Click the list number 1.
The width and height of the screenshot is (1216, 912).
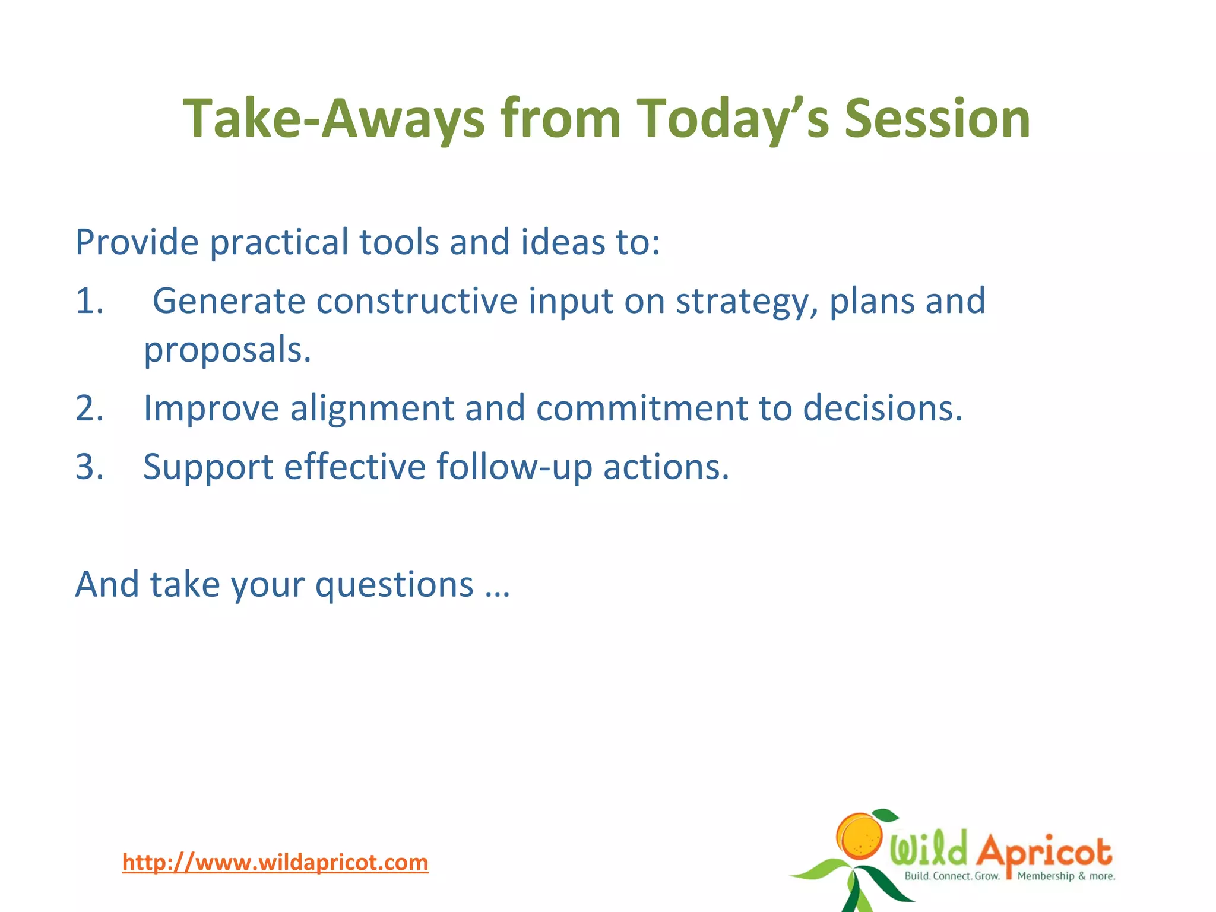coord(89,301)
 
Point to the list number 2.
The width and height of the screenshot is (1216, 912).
coord(89,409)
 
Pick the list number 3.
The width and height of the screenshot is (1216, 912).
coord(89,467)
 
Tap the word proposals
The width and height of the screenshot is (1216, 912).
coord(227,350)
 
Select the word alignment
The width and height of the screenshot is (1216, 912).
coord(372,409)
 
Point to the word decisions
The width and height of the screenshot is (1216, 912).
coord(882,409)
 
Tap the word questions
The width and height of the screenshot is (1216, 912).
coord(394,585)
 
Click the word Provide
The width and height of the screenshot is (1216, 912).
coord(137,242)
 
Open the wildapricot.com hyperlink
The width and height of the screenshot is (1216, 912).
coord(275,862)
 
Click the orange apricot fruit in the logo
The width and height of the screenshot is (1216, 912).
coord(861,836)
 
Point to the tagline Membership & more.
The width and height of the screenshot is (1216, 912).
coord(1066,876)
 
